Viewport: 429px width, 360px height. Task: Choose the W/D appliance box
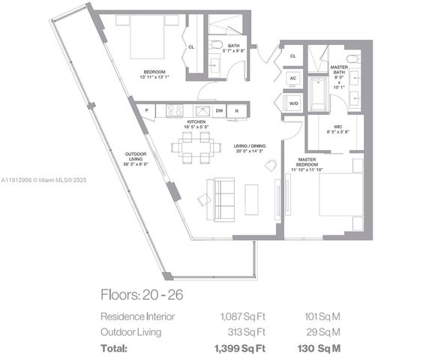point(292,103)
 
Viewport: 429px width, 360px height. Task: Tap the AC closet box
point(292,78)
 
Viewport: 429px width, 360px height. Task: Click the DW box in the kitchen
point(220,110)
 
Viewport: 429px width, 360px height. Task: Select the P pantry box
point(145,110)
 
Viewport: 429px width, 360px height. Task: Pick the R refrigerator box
point(237,110)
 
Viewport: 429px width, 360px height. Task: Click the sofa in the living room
point(225,198)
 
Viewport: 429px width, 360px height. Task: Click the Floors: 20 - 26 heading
point(142,294)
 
